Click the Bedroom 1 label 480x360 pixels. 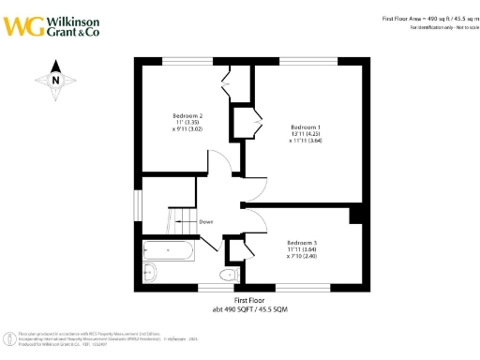[306, 127]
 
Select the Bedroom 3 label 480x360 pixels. [302, 241]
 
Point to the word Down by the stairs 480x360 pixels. [205, 222]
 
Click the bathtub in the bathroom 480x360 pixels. [169, 250]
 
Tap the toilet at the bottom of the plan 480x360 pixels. [226, 274]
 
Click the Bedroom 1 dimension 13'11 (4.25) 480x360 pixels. [306, 134]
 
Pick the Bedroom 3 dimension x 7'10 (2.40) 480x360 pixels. [302, 255]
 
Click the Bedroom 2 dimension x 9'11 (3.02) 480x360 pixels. [187, 129]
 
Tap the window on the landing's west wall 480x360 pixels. [138, 202]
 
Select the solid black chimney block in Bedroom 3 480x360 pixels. [356, 215]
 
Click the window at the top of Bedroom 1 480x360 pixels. [307, 61]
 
